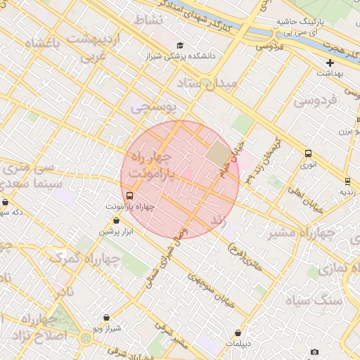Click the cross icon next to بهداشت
[329, 63]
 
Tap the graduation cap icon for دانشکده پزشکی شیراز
[182, 45]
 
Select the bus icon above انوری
[308, 154]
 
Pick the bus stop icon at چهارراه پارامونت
[129, 196]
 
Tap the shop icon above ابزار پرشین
[116, 221]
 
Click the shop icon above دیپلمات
[238, 333]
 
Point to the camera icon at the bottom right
[314, 352]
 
